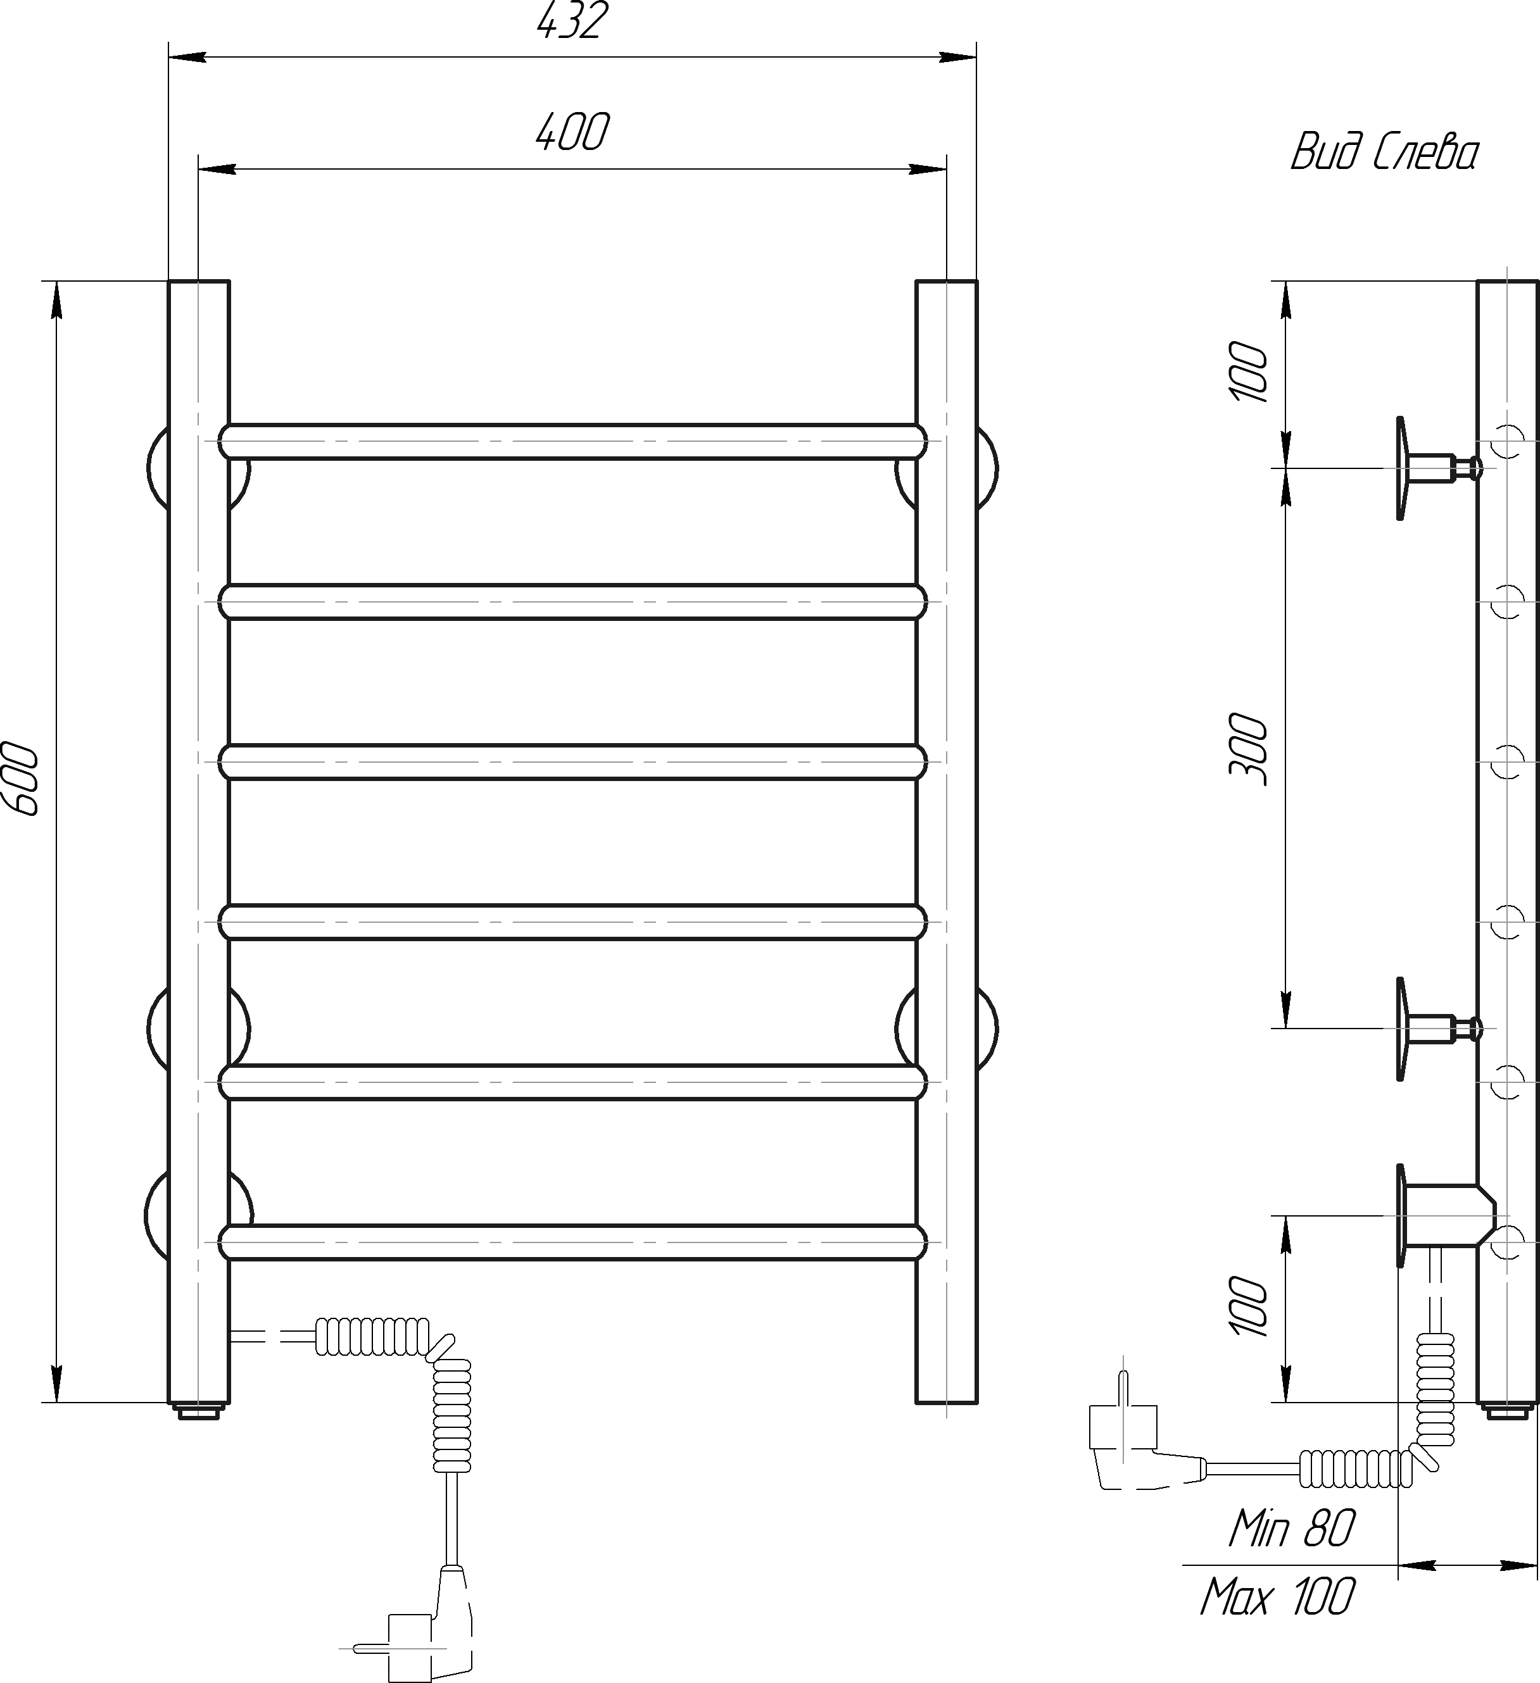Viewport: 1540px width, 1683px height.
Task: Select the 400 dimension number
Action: pyautogui.click(x=572, y=132)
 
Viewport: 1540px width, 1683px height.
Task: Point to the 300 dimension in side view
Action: pyautogui.click(x=1249, y=749)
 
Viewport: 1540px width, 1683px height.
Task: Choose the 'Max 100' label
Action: pyautogui.click(x=1278, y=1598)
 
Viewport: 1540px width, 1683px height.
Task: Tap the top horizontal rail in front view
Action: pyautogui.click(x=573, y=442)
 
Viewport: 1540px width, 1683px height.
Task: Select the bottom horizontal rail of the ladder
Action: pyautogui.click(x=573, y=1242)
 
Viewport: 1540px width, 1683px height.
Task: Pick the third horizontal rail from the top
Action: pyautogui.click(x=573, y=762)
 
